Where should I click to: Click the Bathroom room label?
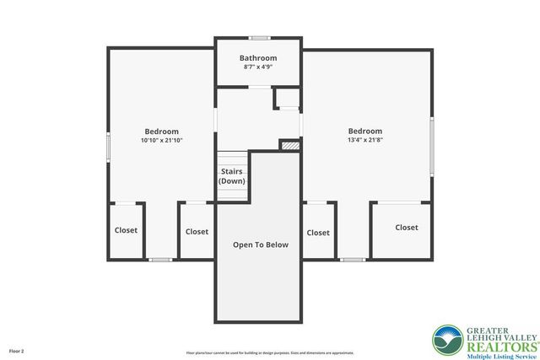(x=258, y=58)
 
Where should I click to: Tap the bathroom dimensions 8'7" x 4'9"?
(x=258, y=67)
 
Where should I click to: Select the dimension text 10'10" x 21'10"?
(x=161, y=140)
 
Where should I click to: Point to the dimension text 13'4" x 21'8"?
(x=365, y=140)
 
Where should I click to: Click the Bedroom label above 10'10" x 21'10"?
(x=161, y=132)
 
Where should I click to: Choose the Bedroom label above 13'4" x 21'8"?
(x=365, y=132)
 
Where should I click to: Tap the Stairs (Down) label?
(x=231, y=176)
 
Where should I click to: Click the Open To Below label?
(x=261, y=244)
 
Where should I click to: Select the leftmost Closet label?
(x=126, y=230)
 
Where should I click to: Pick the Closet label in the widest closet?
(x=407, y=227)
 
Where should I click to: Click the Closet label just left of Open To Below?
(x=197, y=231)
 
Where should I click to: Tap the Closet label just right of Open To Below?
(x=318, y=233)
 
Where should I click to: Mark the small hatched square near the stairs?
(x=289, y=145)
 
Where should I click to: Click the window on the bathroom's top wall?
(x=260, y=37)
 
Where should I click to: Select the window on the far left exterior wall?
(x=108, y=147)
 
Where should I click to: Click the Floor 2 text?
(x=17, y=350)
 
